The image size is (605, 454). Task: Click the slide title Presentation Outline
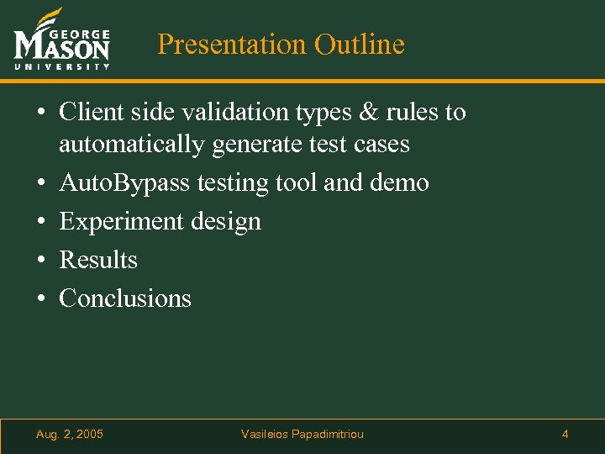point(281,44)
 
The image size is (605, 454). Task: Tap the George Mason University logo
point(61,40)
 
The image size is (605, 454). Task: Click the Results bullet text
point(98,260)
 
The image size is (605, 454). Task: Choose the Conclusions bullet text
point(125,298)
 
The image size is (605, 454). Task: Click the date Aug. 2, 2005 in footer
point(70,434)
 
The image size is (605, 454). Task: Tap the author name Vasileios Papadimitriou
point(302,434)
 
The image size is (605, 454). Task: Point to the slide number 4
point(565,434)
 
